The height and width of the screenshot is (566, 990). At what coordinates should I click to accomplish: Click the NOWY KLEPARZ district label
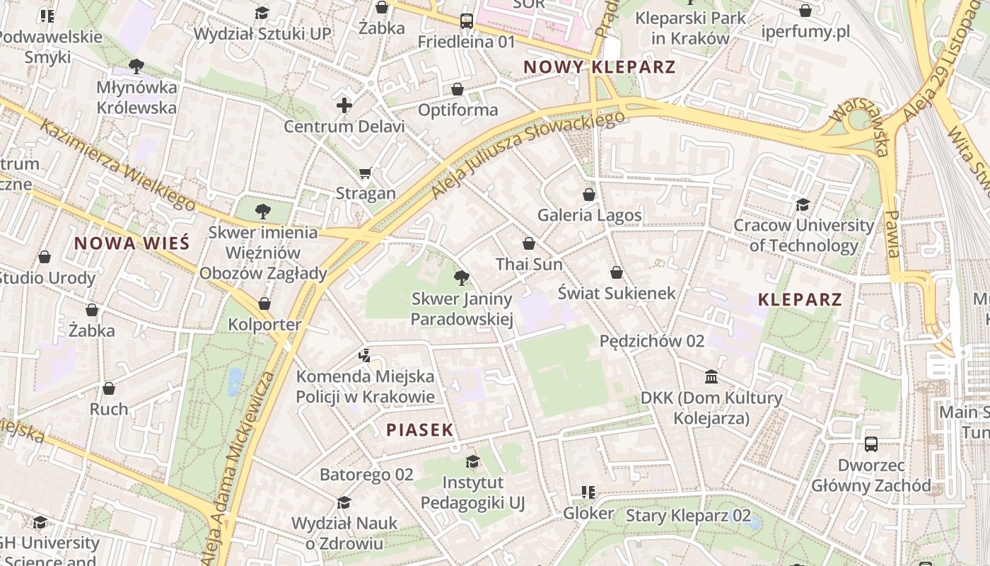(x=600, y=67)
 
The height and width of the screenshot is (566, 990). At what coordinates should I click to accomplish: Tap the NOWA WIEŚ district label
(x=132, y=243)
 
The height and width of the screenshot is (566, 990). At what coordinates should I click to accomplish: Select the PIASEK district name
(x=419, y=429)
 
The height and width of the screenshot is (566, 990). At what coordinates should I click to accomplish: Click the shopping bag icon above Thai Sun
(x=529, y=243)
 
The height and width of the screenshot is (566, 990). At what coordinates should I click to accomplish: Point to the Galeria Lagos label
(x=590, y=215)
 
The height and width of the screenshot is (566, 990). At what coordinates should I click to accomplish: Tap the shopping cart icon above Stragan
(x=366, y=173)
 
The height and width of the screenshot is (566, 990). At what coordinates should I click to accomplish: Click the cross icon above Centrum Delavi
(x=344, y=106)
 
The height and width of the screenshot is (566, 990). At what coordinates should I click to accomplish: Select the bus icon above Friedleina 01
(x=467, y=21)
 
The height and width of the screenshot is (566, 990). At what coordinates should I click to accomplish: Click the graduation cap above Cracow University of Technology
(x=803, y=204)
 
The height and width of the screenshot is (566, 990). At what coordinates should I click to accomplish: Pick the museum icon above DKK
(x=711, y=376)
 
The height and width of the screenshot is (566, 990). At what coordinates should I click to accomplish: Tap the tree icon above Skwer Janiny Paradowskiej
(x=462, y=277)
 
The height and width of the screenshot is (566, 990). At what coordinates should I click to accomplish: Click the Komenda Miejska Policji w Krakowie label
(x=365, y=386)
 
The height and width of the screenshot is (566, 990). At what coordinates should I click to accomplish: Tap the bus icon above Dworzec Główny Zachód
(x=871, y=444)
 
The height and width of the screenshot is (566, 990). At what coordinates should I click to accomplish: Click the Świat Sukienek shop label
(x=617, y=293)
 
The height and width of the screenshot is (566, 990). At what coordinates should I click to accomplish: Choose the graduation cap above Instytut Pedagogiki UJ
(x=472, y=462)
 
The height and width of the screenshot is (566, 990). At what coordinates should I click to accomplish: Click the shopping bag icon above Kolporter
(x=264, y=304)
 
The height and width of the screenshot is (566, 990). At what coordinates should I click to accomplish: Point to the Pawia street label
(x=892, y=233)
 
